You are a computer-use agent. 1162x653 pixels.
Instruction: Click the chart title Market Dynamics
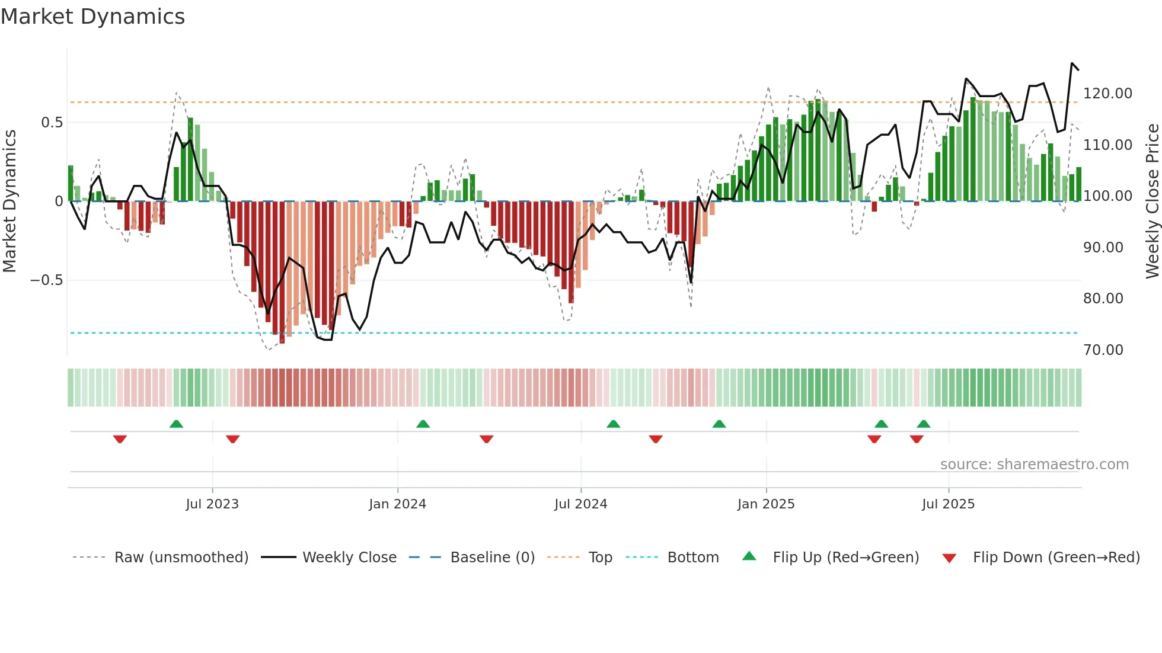point(92,17)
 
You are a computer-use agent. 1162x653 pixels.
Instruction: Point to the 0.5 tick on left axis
point(52,123)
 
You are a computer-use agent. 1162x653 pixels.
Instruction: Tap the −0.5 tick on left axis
point(46,280)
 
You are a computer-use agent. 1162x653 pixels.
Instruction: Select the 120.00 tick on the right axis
point(1107,94)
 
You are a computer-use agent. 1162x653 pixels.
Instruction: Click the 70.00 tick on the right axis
point(1103,350)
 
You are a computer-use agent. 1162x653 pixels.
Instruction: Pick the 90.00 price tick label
point(1103,248)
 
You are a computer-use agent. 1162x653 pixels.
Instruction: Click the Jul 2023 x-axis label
point(212,504)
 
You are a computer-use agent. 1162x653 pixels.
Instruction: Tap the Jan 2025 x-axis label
point(766,504)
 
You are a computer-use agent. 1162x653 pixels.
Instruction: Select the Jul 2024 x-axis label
point(581,504)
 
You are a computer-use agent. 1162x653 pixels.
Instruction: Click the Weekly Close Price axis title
point(1152,201)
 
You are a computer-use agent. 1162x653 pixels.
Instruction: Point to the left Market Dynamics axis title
point(9,201)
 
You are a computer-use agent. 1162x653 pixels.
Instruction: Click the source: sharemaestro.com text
point(1035,465)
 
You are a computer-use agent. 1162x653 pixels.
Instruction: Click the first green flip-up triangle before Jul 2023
point(176,424)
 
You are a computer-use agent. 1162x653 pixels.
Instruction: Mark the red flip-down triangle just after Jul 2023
point(232,439)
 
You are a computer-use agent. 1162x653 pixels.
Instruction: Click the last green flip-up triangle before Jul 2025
point(924,424)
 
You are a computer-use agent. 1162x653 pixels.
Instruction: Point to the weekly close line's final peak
point(1072,63)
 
